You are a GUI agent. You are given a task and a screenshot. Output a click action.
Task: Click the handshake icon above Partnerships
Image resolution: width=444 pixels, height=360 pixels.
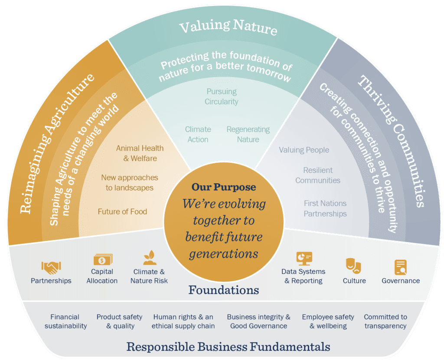click(x=51, y=267)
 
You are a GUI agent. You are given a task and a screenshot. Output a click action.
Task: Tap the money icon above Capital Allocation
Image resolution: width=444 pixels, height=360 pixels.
click(x=103, y=259)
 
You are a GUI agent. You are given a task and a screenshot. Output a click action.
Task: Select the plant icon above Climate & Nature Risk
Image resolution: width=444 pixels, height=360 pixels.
click(x=149, y=259)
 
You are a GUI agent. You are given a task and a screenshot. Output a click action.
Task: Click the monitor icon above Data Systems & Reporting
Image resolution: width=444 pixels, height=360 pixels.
click(x=304, y=259)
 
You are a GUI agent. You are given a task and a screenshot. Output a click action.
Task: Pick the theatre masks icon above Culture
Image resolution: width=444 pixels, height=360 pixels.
click(x=354, y=265)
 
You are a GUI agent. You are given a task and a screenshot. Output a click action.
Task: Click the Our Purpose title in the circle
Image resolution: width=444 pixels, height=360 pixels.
click(x=224, y=188)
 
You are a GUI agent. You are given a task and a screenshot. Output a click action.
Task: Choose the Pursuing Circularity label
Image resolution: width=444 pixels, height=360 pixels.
click(x=222, y=97)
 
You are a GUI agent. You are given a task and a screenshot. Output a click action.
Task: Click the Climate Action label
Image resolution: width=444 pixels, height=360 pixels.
click(x=198, y=134)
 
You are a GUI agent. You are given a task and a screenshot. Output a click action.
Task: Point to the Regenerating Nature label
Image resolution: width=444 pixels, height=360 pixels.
click(x=248, y=134)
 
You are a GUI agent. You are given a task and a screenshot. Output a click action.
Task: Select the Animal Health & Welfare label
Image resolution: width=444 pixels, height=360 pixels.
click(x=140, y=153)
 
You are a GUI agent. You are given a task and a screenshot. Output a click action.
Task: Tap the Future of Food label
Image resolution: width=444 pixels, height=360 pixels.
click(x=122, y=212)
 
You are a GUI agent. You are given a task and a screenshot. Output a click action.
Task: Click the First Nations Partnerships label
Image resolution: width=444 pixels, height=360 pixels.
click(x=325, y=208)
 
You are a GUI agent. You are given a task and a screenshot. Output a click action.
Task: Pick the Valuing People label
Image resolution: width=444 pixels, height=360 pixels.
click(x=304, y=150)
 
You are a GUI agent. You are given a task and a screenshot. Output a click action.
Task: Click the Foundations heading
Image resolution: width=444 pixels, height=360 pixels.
click(x=224, y=290)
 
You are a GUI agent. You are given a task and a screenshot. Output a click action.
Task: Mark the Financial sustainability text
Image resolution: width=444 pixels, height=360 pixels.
click(x=65, y=321)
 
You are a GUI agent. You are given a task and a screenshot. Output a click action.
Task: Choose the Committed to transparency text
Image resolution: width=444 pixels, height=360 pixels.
click(x=385, y=321)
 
